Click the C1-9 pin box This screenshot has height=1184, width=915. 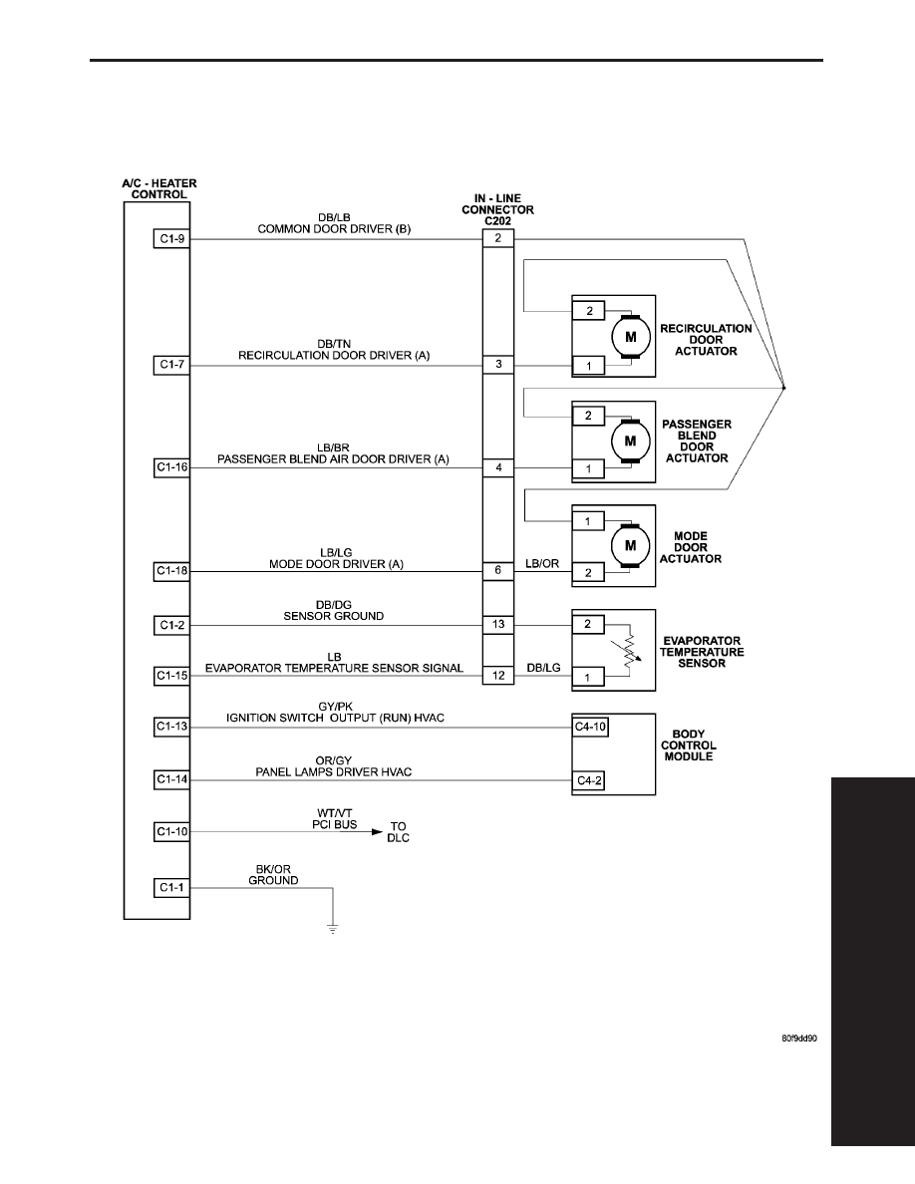click(x=171, y=239)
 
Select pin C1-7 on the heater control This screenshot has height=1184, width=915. click(x=171, y=365)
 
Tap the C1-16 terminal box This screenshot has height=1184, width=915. click(x=171, y=467)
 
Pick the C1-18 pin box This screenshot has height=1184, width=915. click(x=171, y=571)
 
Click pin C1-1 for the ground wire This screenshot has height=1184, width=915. click(x=171, y=887)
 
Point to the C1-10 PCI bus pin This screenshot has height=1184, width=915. click(x=171, y=832)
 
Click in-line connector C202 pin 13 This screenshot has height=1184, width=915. click(x=498, y=625)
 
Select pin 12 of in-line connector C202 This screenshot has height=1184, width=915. click(x=498, y=675)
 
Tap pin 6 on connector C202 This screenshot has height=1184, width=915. click(x=498, y=571)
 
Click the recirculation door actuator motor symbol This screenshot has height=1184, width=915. click(x=630, y=337)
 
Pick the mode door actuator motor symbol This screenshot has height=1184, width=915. click(x=630, y=545)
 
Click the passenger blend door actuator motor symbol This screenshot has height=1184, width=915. click(x=630, y=441)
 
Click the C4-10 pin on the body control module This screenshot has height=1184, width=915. click(x=590, y=728)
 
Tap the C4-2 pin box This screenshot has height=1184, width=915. click(x=589, y=780)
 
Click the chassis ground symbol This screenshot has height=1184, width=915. click(x=333, y=929)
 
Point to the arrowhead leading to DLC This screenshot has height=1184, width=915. click(x=378, y=832)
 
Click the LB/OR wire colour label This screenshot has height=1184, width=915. click(x=542, y=564)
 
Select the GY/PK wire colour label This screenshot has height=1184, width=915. click(x=335, y=707)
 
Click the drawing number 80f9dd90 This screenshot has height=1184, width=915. click(x=799, y=1038)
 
